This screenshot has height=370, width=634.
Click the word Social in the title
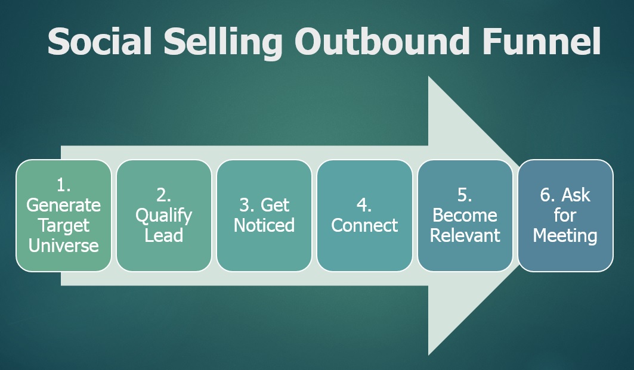[x=100, y=42]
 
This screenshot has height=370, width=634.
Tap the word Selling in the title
[x=223, y=43]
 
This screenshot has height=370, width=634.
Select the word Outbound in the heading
[x=382, y=42]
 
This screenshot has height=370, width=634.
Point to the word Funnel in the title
[x=542, y=42]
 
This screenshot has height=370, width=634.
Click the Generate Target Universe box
[x=63, y=216]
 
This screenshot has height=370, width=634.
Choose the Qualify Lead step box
[x=164, y=216]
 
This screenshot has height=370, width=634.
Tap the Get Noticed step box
[x=264, y=216]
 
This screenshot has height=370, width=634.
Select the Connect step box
[x=364, y=216]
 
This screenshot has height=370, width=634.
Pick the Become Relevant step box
[x=465, y=216]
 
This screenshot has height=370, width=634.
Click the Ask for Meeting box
[x=565, y=216]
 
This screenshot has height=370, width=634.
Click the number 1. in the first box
[x=63, y=185]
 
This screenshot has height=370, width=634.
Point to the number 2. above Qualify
[x=164, y=195]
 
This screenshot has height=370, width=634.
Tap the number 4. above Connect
[x=364, y=205]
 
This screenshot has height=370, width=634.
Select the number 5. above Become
[x=465, y=195]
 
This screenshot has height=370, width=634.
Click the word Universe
[x=63, y=245]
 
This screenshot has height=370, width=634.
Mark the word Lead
[x=164, y=235]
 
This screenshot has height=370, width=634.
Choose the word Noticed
[x=264, y=225]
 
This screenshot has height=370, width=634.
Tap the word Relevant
[x=465, y=235]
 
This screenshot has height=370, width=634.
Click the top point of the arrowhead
[x=429, y=76]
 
